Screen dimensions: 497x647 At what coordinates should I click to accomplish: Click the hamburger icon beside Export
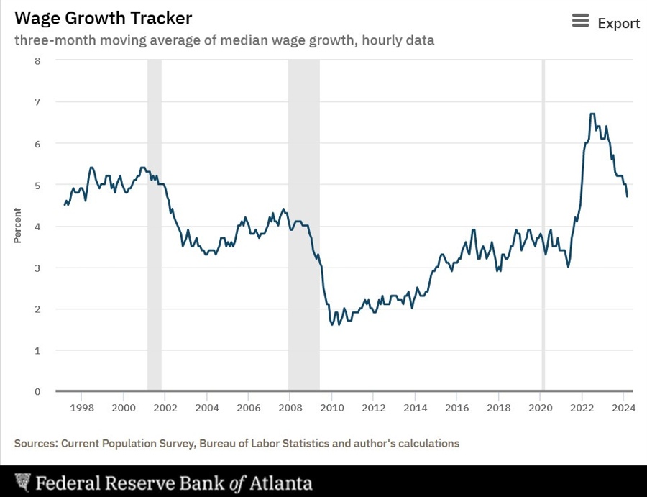pyautogui.click(x=580, y=22)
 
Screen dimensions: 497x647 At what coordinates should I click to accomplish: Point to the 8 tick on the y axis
pyautogui.click(x=37, y=60)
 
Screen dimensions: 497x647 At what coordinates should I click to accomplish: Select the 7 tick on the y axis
pyautogui.click(x=37, y=102)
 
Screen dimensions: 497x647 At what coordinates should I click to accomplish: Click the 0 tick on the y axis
pyautogui.click(x=37, y=392)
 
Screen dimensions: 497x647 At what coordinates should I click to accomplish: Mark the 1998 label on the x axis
pyautogui.click(x=81, y=407)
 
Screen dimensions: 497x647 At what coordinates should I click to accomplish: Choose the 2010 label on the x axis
pyautogui.click(x=331, y=407)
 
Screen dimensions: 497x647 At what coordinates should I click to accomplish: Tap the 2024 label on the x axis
pyautogui.click(x=623, y=407)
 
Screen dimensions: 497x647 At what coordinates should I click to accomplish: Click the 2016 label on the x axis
pyautogui.click(x=456, y=407)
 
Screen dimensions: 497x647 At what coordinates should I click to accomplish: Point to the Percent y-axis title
pyautogui.click(x=17, y=226)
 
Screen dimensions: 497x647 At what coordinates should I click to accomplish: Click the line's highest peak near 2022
pyautogui.click(x=592, y=114)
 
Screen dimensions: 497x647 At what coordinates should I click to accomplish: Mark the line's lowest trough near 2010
pyautogui.click(x=332, y=325)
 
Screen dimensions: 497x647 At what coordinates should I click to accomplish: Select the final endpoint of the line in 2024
pyautogui.click(x=628, y=196)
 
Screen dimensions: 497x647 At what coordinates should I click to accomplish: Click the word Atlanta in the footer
pyautogui.click(x=281, y=483)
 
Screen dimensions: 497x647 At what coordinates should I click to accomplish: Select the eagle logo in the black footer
pyautogui.click(x=24, y=482)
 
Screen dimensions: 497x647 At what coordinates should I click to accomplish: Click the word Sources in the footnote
pyautogui.click(x=35, y=443)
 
